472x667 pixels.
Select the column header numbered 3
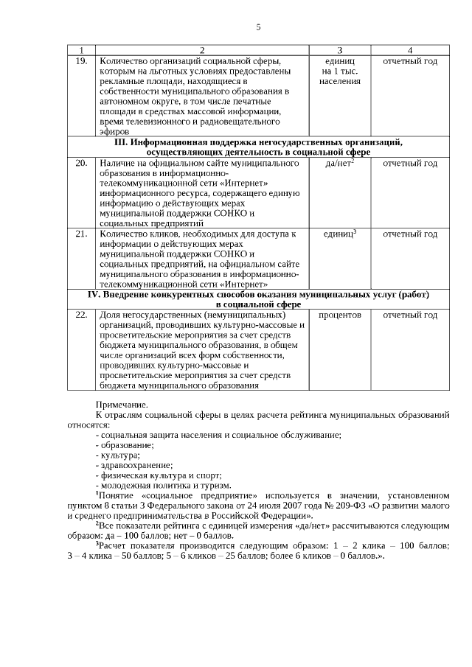[x=339, y=50]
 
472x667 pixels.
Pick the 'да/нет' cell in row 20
[x=339, y=163]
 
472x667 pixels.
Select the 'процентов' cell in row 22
[x=339, y=315]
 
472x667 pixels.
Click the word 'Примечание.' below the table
[x=122, y=405]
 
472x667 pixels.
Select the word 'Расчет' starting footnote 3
[x=114, y=545]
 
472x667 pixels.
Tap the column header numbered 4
[x=409, y=50]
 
